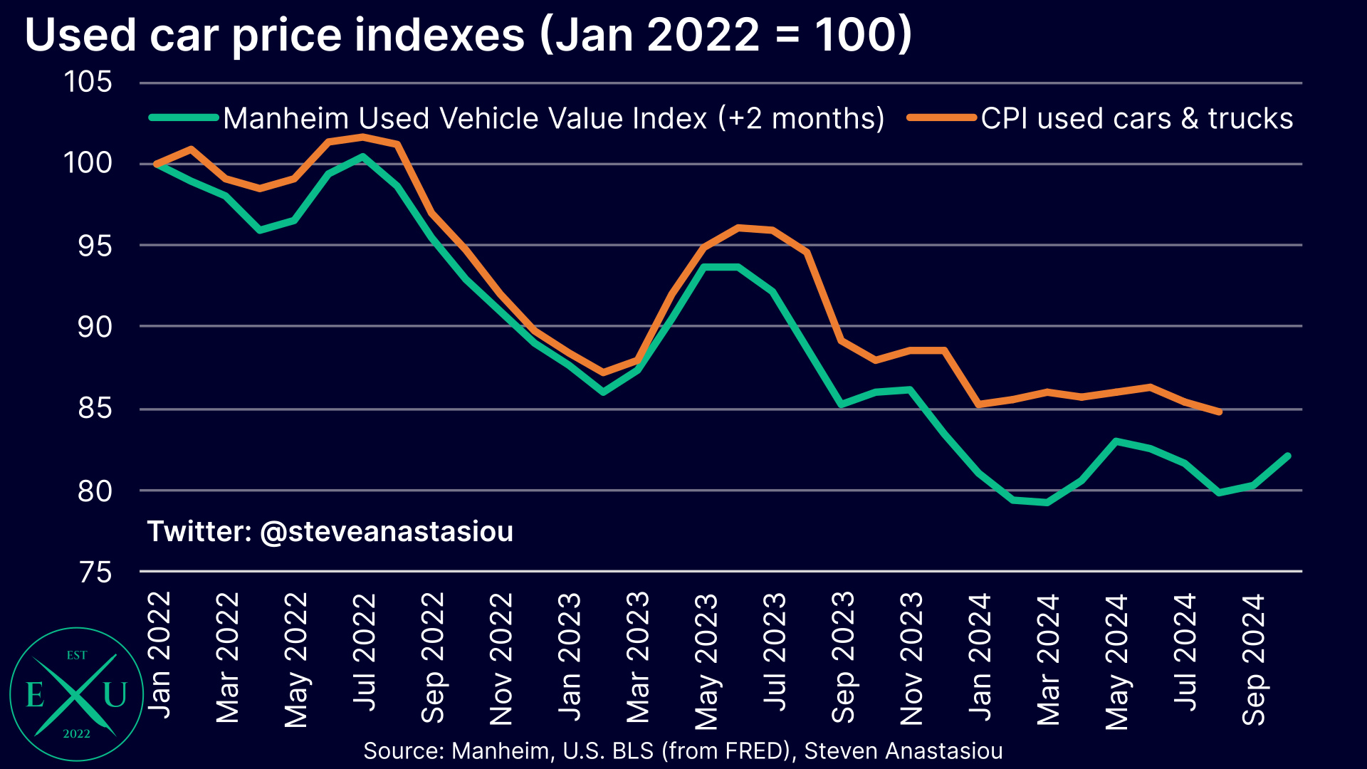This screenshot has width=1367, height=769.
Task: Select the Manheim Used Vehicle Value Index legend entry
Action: coord(552,118)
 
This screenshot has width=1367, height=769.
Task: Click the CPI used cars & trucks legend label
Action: coord(1136,118)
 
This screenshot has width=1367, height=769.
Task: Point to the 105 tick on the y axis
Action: coord(88,82)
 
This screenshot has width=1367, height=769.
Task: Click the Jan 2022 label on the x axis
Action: coord(159,655)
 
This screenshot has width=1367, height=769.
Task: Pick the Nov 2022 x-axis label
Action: coord(501,659)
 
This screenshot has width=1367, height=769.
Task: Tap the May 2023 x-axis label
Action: coord(706,661)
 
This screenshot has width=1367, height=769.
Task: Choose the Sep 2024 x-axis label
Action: coord(1253,659)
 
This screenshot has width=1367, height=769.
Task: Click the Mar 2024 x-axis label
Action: coord(1048,659)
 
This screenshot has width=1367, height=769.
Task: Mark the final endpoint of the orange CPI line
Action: coord(1220,412)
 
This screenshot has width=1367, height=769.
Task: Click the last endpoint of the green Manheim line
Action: coord(1288,456)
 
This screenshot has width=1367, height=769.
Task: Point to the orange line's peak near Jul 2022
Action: coord(363,136)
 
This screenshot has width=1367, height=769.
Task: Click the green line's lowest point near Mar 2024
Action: coord(1046,503)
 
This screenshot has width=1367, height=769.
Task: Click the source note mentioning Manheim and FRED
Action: coord(683,750)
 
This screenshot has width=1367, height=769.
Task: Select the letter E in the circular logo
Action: coord(35,694)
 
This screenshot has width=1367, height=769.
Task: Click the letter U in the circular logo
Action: coord(115,694)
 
